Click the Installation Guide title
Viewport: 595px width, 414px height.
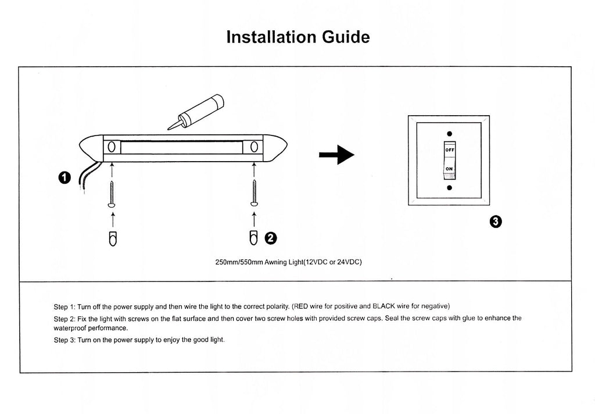(x=297, y=37)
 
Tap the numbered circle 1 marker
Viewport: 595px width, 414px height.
(x=65, y=177)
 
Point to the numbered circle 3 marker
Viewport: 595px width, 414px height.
(x=496, y=221)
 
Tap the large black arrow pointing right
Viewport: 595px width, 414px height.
(x=336, y=154)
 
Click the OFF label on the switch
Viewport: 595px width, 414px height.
(x=450, y=149)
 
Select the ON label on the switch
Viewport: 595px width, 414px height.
(x=449, y=169)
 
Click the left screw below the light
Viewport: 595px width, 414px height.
(x=112, y=194)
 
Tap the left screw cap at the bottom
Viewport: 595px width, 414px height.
(x=112, y=238)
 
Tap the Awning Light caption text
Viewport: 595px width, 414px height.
(x=289, y=262)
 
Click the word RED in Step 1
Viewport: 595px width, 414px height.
(x=302, y=306)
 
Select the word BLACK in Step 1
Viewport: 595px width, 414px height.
(x=384, y=306)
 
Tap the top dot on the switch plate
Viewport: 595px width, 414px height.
(x=449, y=133)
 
